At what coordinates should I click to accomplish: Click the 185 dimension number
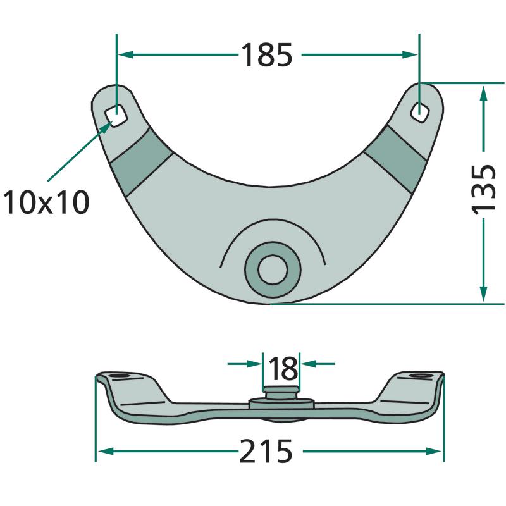(x=267, y=55)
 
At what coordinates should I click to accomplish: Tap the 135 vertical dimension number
(x=483, y=189)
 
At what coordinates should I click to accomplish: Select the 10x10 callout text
(x=46, y=202)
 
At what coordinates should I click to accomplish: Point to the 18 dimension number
(x=283, y=369)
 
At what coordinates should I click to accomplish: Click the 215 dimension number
(x=266, y=451)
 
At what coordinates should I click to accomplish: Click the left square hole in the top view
(x=116, y=116)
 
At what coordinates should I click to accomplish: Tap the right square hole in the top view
(x=419, y=112)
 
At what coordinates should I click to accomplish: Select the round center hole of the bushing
(x=273, y=270)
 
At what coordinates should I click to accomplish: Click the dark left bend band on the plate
(x=140, y=161)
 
